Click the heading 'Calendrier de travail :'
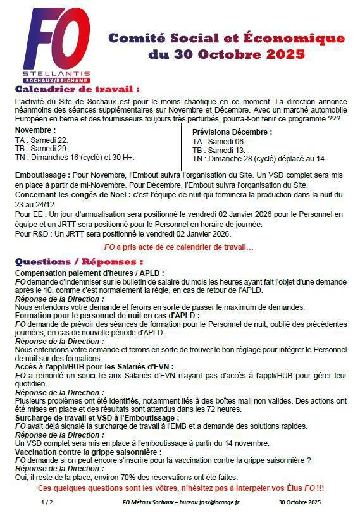point(77,89)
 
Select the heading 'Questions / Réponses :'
point(79,261)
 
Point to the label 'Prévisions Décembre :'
point(232,132)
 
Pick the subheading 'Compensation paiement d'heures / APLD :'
point(86,272)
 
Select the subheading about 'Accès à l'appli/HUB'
point(93,366)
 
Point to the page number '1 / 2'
point(47,502)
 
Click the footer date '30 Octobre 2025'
point(300,502)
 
